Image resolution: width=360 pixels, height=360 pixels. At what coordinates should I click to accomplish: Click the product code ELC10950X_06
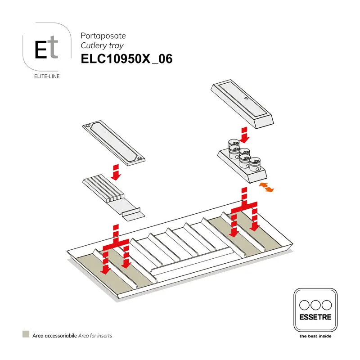click(x=126, y=59)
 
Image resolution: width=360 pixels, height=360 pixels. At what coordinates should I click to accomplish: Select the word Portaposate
click(x=103, y=35)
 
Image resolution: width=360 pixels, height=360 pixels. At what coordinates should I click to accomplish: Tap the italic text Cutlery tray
click(x=102, y=45)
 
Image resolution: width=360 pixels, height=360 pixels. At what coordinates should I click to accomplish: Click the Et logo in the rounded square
click(x=47, y=50)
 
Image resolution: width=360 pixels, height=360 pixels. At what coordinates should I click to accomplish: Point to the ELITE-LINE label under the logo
click(x=47, y=76)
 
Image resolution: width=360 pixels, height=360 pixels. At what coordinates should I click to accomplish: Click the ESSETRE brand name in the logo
click(x=315, y=317)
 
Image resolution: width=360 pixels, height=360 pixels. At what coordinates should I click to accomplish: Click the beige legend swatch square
click(x=26, y=334)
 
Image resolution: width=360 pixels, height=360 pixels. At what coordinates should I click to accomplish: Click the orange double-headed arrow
click(x=265, y=187)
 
